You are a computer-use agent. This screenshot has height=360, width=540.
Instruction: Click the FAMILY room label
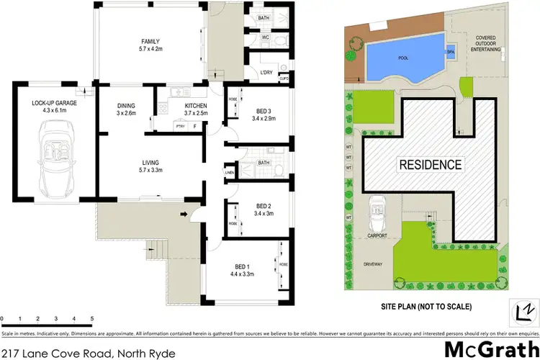150,41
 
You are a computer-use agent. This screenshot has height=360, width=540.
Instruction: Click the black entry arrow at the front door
184,213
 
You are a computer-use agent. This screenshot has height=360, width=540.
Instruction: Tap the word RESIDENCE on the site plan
430,164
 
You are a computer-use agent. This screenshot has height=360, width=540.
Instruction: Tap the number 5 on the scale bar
92,318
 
